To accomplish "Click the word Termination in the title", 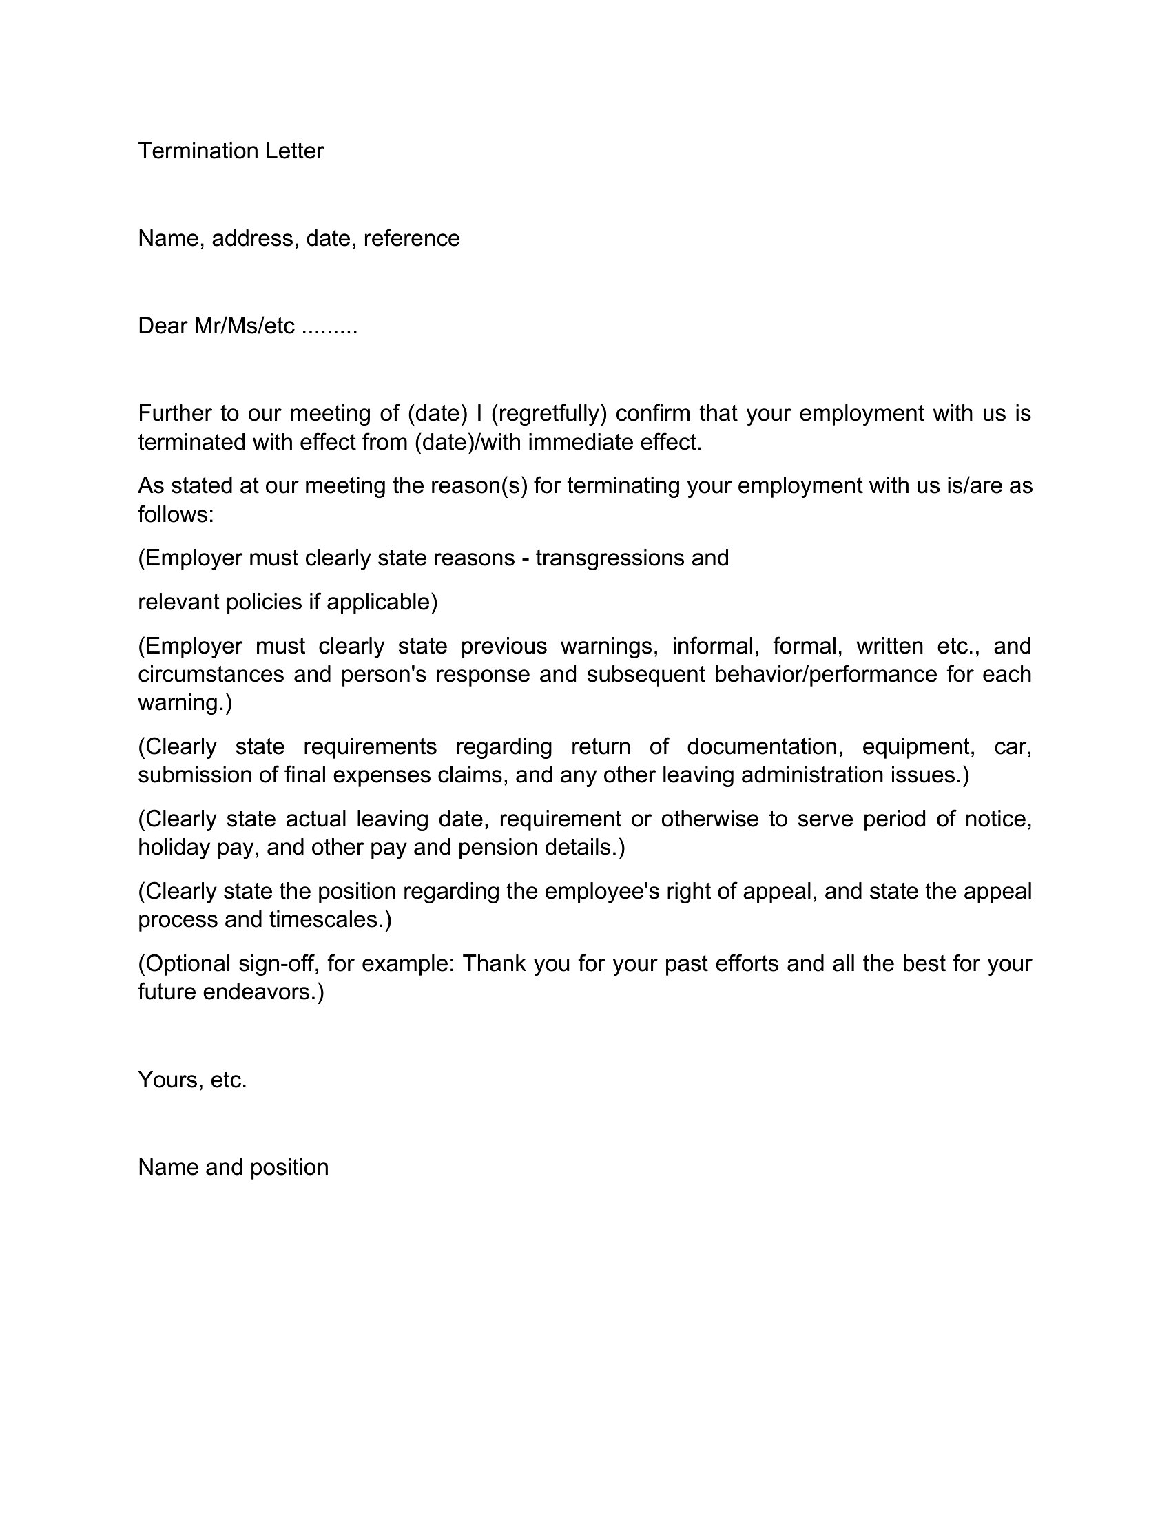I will (189, 151).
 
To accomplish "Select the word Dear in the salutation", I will (163, 326).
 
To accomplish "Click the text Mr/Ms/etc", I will (245, 326).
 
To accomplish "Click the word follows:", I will (176, 514).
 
